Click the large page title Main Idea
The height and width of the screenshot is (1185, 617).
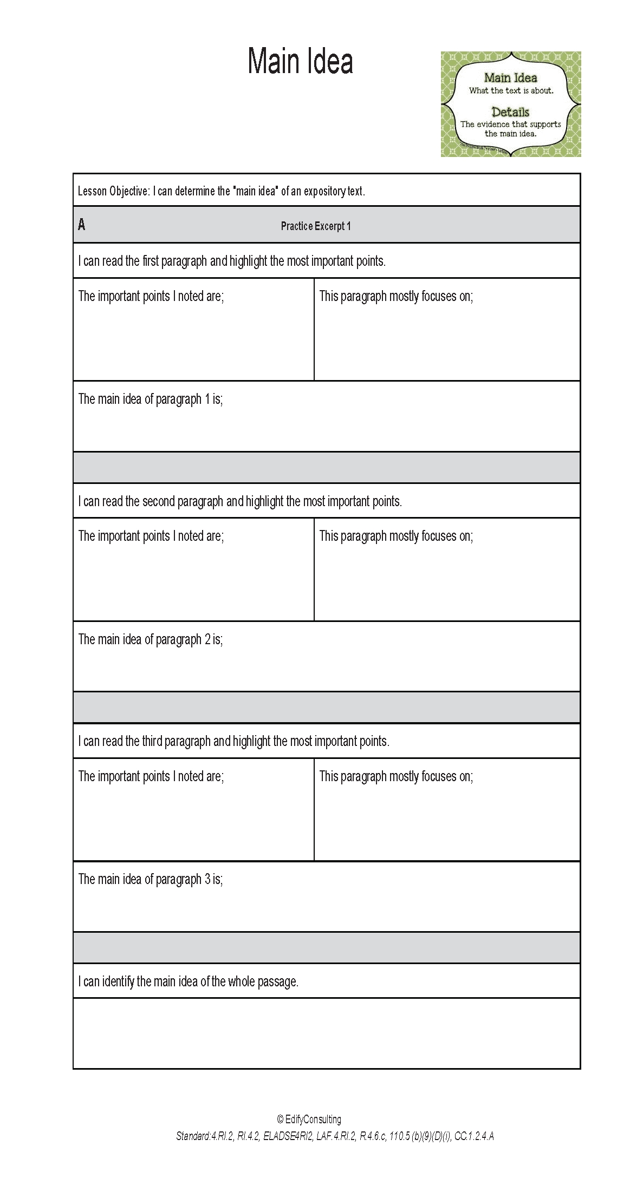point(300,61)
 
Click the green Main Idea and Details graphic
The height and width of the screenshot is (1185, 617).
point(510,104)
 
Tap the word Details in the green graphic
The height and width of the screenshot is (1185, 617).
point(510,112)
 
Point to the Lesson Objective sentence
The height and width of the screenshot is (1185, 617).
point(221,191)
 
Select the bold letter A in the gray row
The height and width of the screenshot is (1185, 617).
point(82,225)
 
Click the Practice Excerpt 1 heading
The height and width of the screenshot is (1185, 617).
point(316,226)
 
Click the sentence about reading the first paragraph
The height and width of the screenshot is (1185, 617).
point(232,261)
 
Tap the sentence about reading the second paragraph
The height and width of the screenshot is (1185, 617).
point(240,501)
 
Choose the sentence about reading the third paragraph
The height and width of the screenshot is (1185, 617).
point(233,741)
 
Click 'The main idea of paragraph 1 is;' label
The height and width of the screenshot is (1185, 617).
point(151,400)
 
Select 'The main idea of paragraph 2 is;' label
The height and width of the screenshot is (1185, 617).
point(151,640)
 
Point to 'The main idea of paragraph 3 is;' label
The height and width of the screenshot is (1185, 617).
point(151,880)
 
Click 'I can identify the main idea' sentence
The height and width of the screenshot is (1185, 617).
point(188,981)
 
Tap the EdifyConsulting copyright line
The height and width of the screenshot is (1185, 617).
point(309,1119)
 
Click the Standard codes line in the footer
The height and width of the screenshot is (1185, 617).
point(335,1136)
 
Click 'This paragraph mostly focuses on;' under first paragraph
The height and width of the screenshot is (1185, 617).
point(396,296)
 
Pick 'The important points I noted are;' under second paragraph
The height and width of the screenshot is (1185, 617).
point(151,536)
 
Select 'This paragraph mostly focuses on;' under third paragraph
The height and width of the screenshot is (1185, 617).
point(396,776)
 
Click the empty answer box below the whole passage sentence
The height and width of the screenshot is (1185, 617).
point(327,1033)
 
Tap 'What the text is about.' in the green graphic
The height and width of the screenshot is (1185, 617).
point(511,91)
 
